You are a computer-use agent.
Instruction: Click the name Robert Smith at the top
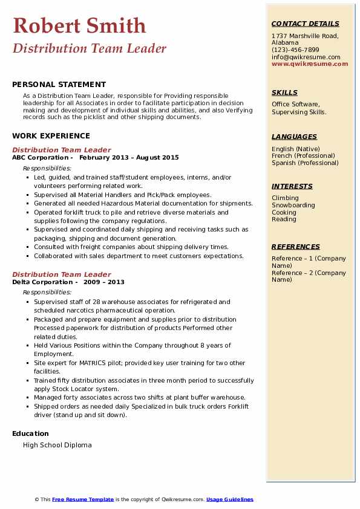pos(79,25)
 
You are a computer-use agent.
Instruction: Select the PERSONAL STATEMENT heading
pos(59,85)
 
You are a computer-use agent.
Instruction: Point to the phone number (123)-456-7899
pos(295,50)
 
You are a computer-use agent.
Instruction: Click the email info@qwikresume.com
pos(306,57)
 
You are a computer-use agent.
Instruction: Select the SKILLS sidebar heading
pos(284,92)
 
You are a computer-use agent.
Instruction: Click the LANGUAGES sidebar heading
pos(294,137)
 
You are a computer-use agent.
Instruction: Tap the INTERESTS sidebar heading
pos(292,186)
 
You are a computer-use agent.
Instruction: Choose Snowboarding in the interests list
pos(293,206)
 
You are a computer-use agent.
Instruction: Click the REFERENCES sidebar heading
pos(296,247)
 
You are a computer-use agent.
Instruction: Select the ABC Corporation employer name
pos(40,158)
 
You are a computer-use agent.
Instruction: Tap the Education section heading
pos(30,433)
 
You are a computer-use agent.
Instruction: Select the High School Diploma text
pos(57,446)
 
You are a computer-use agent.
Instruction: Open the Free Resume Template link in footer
pos(83,499)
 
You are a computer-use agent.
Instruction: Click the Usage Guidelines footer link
pos(229,499)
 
